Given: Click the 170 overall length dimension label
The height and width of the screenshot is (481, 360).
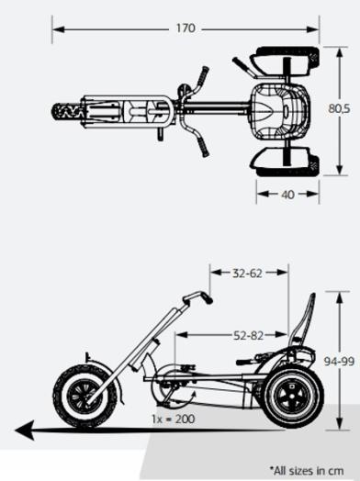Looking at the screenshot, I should pos(186,28).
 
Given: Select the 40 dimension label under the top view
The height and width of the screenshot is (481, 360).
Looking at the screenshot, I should pos(287,195).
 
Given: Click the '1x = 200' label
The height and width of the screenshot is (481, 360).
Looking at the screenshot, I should pos(174,418).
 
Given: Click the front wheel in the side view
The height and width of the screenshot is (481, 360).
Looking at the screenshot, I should pos(85,396).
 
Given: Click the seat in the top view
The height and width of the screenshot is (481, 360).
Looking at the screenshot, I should pos(276,111).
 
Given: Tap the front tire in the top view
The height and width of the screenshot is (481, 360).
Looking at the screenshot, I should pos(69,112).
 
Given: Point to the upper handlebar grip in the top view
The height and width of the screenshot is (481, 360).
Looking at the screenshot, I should pos(201,74).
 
